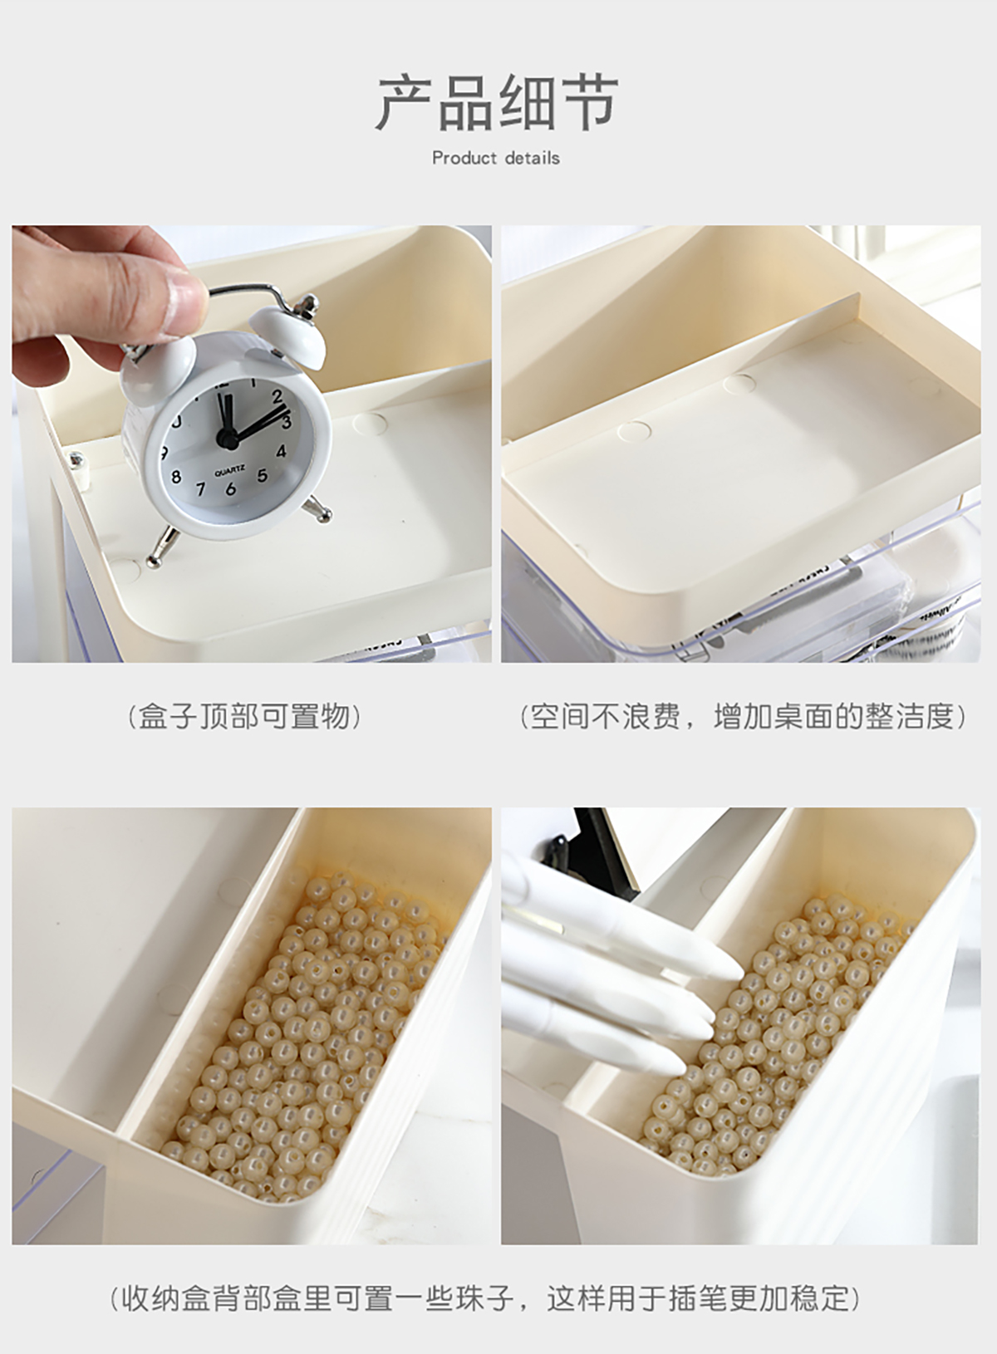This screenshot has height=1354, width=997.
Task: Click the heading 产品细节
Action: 498,103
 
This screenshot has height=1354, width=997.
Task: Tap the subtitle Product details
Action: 496,159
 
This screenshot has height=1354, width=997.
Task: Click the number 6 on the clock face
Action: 230,488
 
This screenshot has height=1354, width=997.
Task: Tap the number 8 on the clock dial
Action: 176,477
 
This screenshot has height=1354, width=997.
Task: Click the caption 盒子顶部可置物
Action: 244,717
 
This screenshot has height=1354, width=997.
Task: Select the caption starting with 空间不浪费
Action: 743,717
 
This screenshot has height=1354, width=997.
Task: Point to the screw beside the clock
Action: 76,460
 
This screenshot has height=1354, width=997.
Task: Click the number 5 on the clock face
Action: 262,475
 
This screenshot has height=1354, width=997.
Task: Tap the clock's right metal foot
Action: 317,507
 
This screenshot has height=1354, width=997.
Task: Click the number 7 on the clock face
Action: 201,489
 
